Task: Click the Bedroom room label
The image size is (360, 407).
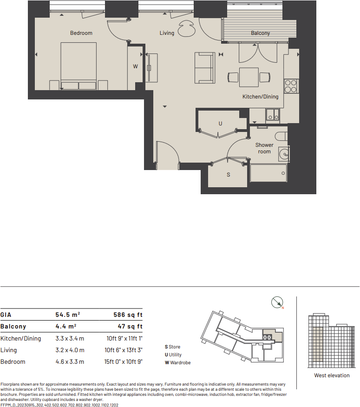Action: point(81,33)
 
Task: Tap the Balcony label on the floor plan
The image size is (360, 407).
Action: point(260,33)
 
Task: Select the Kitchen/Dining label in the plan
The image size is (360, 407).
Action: point(261,97)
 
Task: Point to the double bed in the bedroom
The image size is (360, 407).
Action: point(78,65)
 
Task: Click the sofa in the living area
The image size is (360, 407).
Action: point(205,68)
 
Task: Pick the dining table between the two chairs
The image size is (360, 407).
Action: point(249,77)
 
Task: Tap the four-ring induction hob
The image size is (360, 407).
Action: point(291,86)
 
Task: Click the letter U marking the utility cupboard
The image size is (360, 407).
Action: point(221,124)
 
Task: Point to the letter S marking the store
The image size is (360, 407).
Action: point(228,175)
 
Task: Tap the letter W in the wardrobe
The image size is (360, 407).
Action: point(136,66)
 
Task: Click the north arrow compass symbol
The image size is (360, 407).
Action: point(277,302)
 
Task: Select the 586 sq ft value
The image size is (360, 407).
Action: point(128,315)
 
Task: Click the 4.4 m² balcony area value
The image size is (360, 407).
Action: point(65,326)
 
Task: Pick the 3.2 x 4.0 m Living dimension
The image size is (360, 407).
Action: point(70,350)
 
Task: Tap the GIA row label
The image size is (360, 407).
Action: point(6,315)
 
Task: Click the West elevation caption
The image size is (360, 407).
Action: point(332,375)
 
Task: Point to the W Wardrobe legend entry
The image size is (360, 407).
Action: point(177,362)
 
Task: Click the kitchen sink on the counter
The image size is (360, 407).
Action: point(272,115)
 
